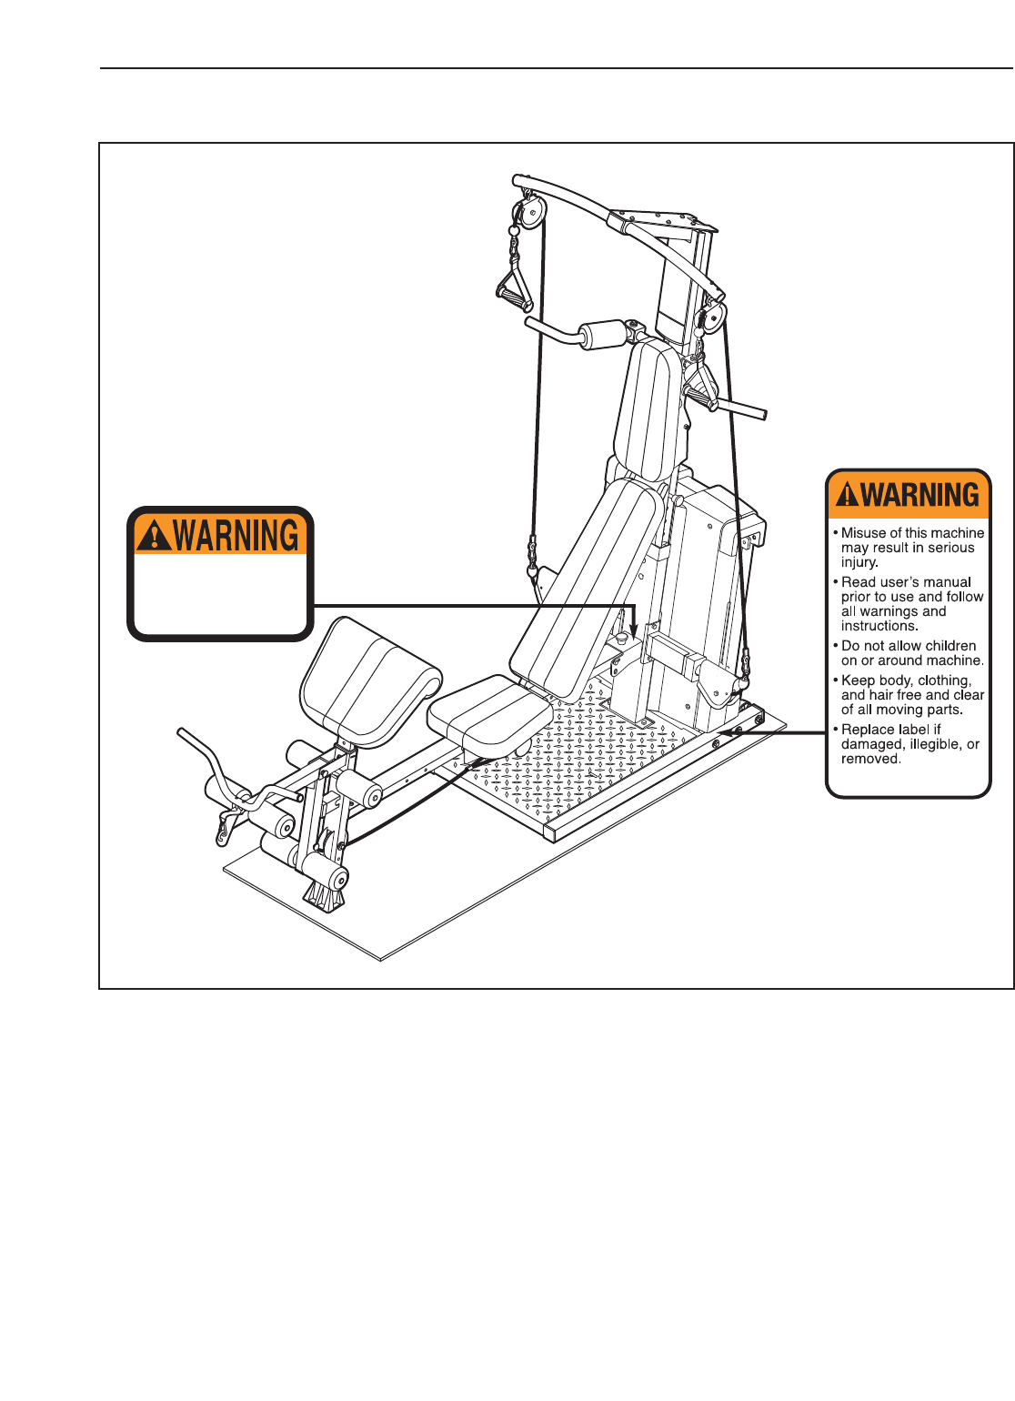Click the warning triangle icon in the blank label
[156, 536]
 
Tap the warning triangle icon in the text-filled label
[847, 495]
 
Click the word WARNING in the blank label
[236, 536]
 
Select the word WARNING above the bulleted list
[920, 495]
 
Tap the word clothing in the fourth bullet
[943, 680]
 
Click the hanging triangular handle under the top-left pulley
[515, 286]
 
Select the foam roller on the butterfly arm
[601, 335]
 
